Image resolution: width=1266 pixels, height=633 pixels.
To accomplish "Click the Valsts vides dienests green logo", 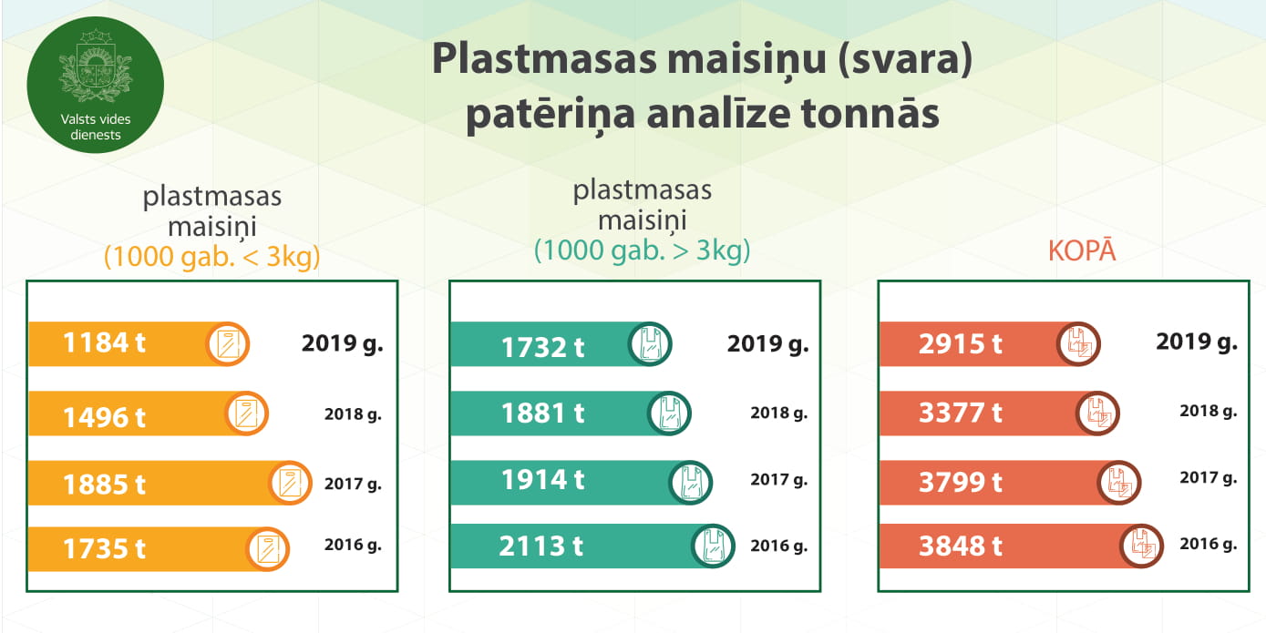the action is click(x=96, y=85).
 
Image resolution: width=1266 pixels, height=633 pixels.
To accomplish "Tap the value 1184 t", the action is click(x=104, y=342).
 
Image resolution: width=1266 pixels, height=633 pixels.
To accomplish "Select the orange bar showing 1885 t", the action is click(x=170, y=483).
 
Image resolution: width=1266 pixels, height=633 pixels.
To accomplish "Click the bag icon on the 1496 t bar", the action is click(x=246, y=413).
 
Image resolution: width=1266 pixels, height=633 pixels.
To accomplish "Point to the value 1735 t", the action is click(x=104, y=549).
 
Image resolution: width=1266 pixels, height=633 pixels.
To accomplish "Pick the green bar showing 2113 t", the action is click(x=592, y=546).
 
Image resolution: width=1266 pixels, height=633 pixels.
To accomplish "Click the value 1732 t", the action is click(x=542, y=347).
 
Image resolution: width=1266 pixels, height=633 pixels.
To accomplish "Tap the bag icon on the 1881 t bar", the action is click(x=669, y=413).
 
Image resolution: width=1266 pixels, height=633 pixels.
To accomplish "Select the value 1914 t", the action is click(x=542, y=480).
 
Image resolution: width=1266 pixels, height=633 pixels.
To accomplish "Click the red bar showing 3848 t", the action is click(x=1022, y=546).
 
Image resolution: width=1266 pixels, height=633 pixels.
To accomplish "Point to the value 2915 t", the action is click(x=961, y=344).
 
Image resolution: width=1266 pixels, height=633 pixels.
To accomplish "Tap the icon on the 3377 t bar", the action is click(x=1097, y=413).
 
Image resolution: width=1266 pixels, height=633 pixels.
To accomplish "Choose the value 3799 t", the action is click(x=961, y=482).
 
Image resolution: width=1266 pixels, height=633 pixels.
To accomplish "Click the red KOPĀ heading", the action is click(x=1082, y=250).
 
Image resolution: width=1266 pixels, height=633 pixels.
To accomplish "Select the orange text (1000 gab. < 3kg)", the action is click(x=212, y=257).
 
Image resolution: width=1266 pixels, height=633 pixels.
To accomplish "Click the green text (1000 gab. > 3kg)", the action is click(x=642, y=250).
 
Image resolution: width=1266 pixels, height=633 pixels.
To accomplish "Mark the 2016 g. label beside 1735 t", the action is click(x=353, y=545).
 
